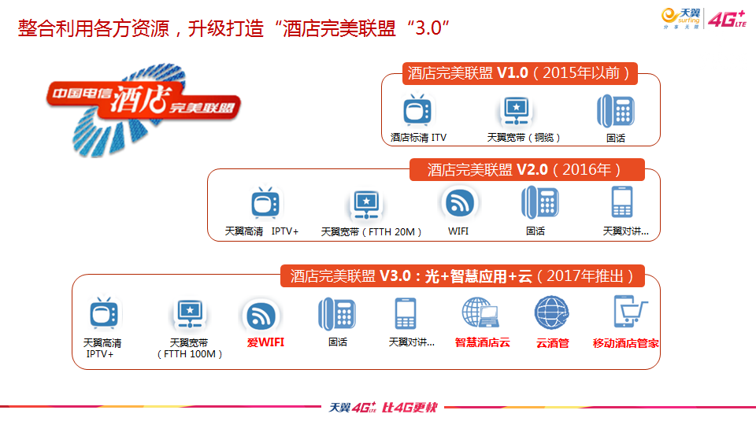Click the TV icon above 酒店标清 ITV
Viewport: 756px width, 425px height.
pos(417,110)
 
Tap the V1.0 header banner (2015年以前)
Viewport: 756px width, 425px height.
pos(520,73)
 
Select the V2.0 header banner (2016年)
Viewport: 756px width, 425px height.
pos(527,170)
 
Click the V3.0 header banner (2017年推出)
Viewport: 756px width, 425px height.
pos(462,276)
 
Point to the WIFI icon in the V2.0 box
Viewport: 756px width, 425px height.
pos(459,203)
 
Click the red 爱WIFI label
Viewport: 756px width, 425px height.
pos(265,342)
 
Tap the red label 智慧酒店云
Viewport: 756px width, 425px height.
pos(482,342)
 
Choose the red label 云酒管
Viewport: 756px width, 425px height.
pos(553,343)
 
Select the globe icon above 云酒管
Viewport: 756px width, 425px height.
pos(551,312)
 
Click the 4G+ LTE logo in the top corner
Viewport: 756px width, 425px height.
pos(727,19)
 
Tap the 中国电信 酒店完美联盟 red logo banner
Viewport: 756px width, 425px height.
pos(143,100)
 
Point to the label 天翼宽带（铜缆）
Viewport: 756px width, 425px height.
pos(524,138)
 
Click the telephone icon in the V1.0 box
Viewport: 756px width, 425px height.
pos(616,111)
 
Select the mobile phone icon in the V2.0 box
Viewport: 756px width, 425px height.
pos(622,202)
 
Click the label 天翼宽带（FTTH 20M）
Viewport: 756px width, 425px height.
pos(371,231)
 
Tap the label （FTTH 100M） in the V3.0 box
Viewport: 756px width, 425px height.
pos(190,354)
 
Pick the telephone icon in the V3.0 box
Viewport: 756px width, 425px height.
pos(337,314)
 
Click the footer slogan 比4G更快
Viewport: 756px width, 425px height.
pos(409,408)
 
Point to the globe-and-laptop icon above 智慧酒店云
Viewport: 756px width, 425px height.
pos(480,312)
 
